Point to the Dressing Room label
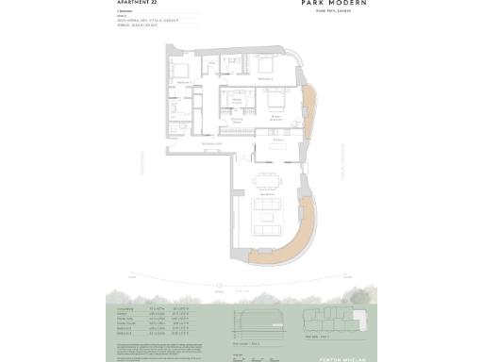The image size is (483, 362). (x=237, y=120)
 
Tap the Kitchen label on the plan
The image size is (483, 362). (x=278, y=139)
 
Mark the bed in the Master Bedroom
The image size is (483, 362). (x=275, y=99)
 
